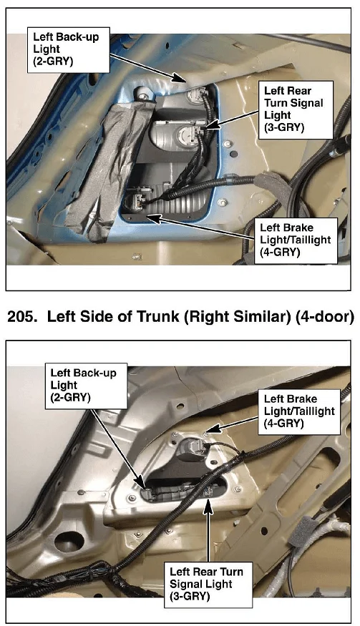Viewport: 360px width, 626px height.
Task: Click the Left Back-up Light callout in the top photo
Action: coord(68,49)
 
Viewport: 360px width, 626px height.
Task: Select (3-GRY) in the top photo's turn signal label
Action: coord(284,127)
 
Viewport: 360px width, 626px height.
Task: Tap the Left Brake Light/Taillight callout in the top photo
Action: coord(296,240)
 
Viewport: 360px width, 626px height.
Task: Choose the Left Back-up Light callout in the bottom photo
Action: coord(86,386)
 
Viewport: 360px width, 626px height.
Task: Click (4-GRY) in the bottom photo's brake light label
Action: coord(283,424)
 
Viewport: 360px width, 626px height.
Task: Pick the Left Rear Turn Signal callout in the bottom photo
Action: coord(208,585)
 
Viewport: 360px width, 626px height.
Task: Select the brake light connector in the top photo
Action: coord(133,201)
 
